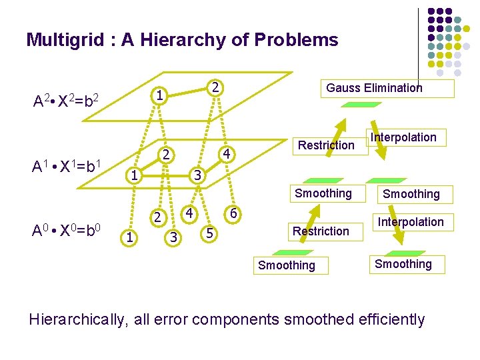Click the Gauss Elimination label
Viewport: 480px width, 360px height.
[x=374, y=88]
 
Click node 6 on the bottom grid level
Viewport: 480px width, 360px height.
[x=233, y=214]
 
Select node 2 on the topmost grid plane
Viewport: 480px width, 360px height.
[x=214, y=87]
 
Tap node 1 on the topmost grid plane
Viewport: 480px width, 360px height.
[x=159, y=96]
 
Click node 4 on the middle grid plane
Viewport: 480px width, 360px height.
[x=227, y=155]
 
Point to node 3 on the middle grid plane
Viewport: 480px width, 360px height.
[x=196, y=176]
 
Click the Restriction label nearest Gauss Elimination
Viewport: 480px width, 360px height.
[x=326, y=145]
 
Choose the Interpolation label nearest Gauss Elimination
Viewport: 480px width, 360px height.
[x=403, y=137]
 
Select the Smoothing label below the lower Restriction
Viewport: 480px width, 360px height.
[x=287, y=265]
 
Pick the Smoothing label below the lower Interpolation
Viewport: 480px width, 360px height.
[x=403, y=264]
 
